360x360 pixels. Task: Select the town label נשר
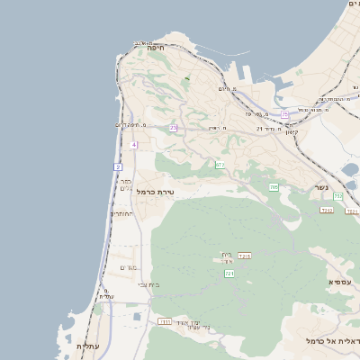click(321, 187)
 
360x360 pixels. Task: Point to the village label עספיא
click(340, 283)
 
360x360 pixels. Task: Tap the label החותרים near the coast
click(122, 214)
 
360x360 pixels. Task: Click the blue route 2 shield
click(118, 167)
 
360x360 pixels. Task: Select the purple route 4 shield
click(133, 144)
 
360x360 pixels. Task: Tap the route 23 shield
click(173, 128)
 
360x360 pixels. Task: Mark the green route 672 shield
click(220, 165)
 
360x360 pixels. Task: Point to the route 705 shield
click(274, 186)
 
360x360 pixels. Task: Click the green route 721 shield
click(229, 273)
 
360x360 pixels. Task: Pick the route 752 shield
click(337, 196)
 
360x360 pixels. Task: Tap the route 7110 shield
click(165, 321)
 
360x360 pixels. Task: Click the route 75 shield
click(285, 114)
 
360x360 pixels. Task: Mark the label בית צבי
click(148, 284)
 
